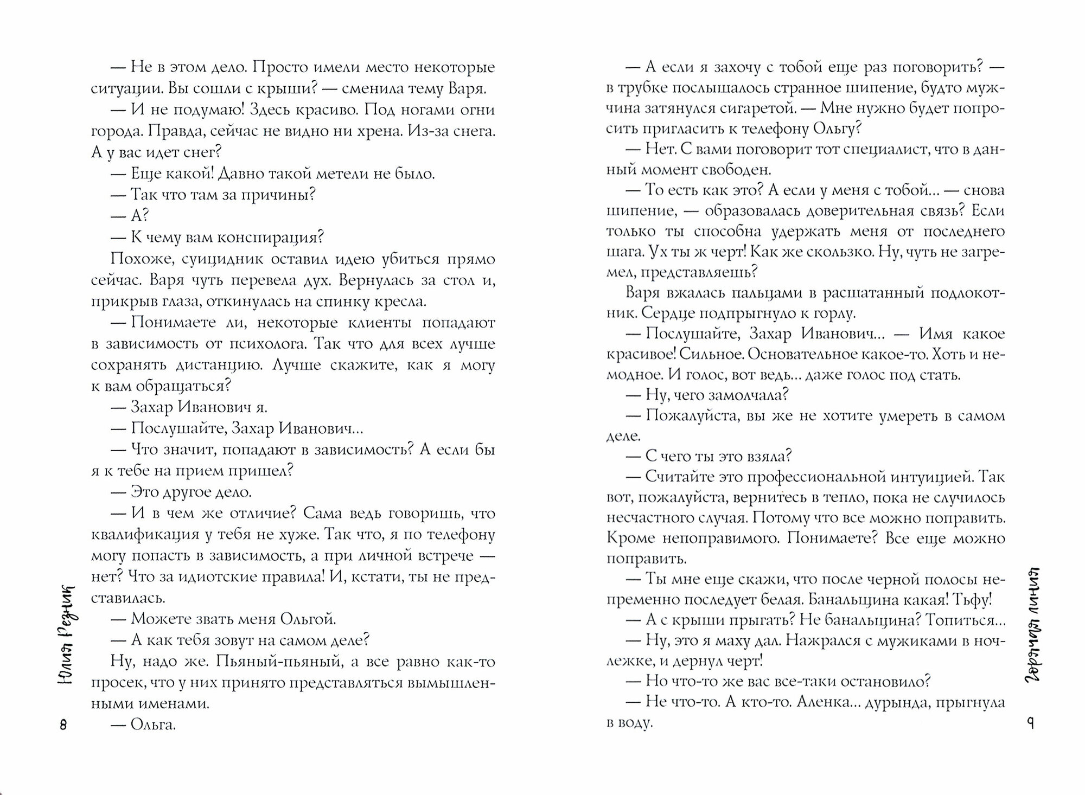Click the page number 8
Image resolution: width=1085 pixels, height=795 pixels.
(63, 725)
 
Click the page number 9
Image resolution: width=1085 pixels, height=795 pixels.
(1030, 723)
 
